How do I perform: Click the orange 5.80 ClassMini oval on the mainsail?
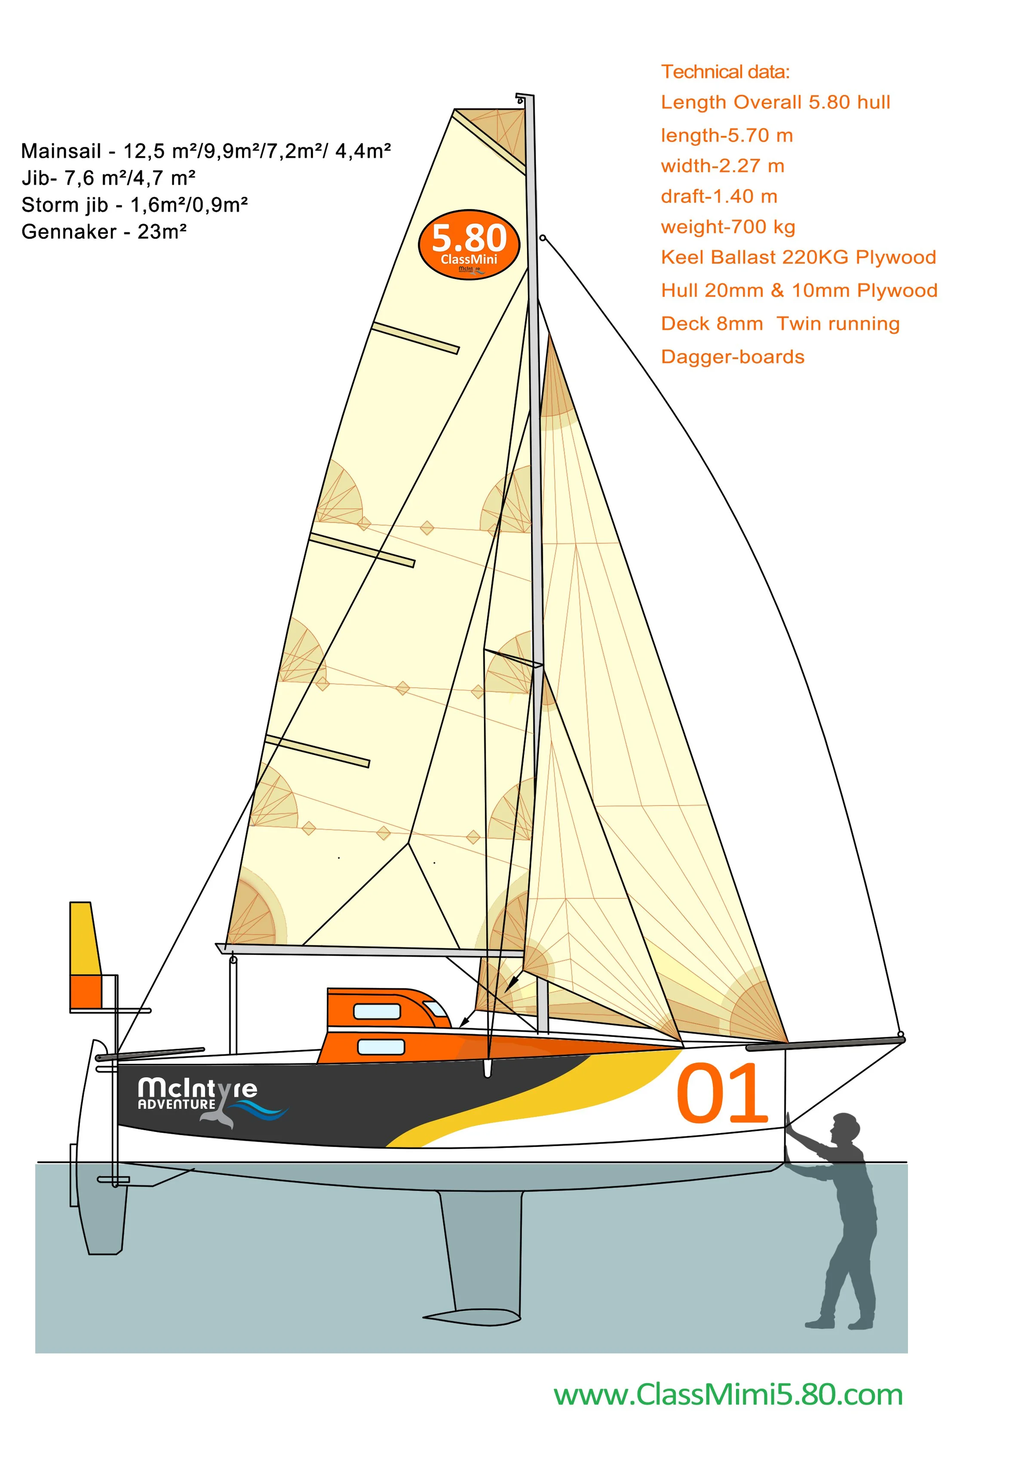pos(469,244)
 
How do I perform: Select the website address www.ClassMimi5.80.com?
pos(728,1395)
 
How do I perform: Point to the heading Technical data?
pos(725,72)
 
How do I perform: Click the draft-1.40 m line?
pos(719,196)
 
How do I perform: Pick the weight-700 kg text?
pos(728,227)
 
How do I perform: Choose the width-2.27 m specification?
pos(722,166)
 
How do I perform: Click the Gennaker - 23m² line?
pos(104,231)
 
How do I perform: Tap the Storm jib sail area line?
pos(135,205)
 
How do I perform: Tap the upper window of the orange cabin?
pos(376,1011)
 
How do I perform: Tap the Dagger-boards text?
pos(733,357)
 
